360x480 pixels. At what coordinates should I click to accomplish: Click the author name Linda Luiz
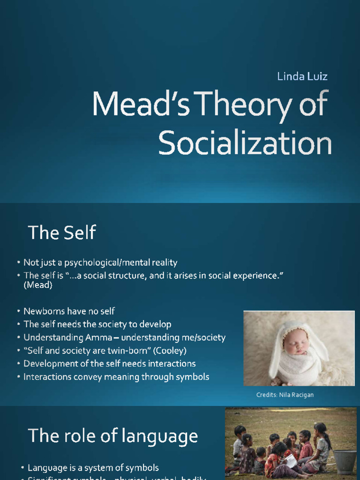(302, 76)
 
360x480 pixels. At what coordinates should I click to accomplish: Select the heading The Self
(62, 232)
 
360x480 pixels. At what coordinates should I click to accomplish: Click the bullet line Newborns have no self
(69, 311)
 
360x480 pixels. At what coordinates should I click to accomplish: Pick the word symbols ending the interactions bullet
(193, 377)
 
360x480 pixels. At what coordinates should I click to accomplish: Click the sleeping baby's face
(296, 345)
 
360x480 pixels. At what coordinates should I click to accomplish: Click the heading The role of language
(112, 436)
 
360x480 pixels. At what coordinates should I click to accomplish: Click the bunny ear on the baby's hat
(277, 356)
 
